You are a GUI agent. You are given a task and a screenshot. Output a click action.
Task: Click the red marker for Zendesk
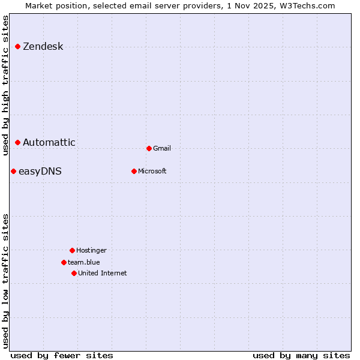(18, 46)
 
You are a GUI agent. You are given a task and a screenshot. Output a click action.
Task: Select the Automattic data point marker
(18, 142)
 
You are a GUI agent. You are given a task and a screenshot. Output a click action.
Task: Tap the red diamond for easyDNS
(13, 171)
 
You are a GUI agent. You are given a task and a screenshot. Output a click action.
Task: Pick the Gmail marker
(149, 148)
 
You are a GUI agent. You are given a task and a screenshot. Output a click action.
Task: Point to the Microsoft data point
(134, 171)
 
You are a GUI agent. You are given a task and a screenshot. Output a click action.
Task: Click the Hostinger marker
(72, 250)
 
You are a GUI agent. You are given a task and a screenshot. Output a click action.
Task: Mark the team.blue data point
(64, 262)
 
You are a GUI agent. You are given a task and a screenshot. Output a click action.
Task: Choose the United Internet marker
(74, 273)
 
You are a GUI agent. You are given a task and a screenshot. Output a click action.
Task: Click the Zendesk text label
(43, 47)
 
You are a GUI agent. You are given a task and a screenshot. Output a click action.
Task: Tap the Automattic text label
(49, 143)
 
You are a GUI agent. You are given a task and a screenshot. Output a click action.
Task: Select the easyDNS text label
(40, 172)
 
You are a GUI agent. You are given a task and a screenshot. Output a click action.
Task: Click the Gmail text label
(162, 149)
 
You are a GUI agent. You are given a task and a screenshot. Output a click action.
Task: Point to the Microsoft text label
(152, 172)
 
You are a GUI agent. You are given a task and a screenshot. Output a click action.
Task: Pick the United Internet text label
(103, 274)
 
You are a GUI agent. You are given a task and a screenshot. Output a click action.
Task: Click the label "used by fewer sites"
(62, 355)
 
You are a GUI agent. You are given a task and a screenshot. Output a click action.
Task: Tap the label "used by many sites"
(301, 355)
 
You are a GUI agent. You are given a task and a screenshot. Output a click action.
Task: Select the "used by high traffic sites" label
(5, 85)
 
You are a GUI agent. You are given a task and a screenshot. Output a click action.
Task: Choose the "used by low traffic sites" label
(5, 281)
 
